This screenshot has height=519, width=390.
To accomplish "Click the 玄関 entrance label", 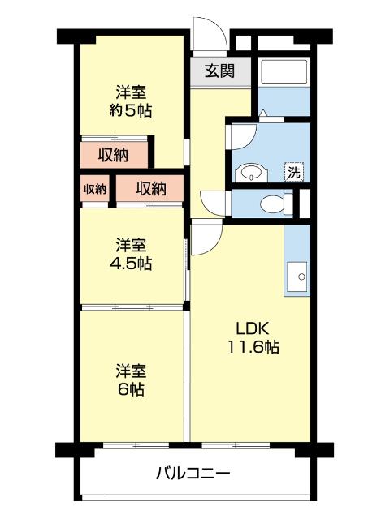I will pyautogui.click(x=219, y=71).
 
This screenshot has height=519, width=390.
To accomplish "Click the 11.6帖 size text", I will pyautogui.click(x=253, y=348).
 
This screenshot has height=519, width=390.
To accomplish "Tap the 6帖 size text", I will pyautogui.click(x=130, y=390).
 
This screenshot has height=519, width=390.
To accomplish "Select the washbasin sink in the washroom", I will pyautogui.click(x=250, y=172).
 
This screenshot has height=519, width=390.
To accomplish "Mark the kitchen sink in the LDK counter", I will pyautogui.click(x=298, y=277).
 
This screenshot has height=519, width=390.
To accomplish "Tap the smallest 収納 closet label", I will pyautogui.click(x=95, y=189).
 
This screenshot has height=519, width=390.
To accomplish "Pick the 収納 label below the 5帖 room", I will pyautogui.click(x=114, y=154).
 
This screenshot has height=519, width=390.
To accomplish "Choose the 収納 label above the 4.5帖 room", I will pyautogui.click(x=150, y=189).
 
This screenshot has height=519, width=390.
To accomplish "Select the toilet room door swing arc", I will pyautogui.click(x=213, y=200).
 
